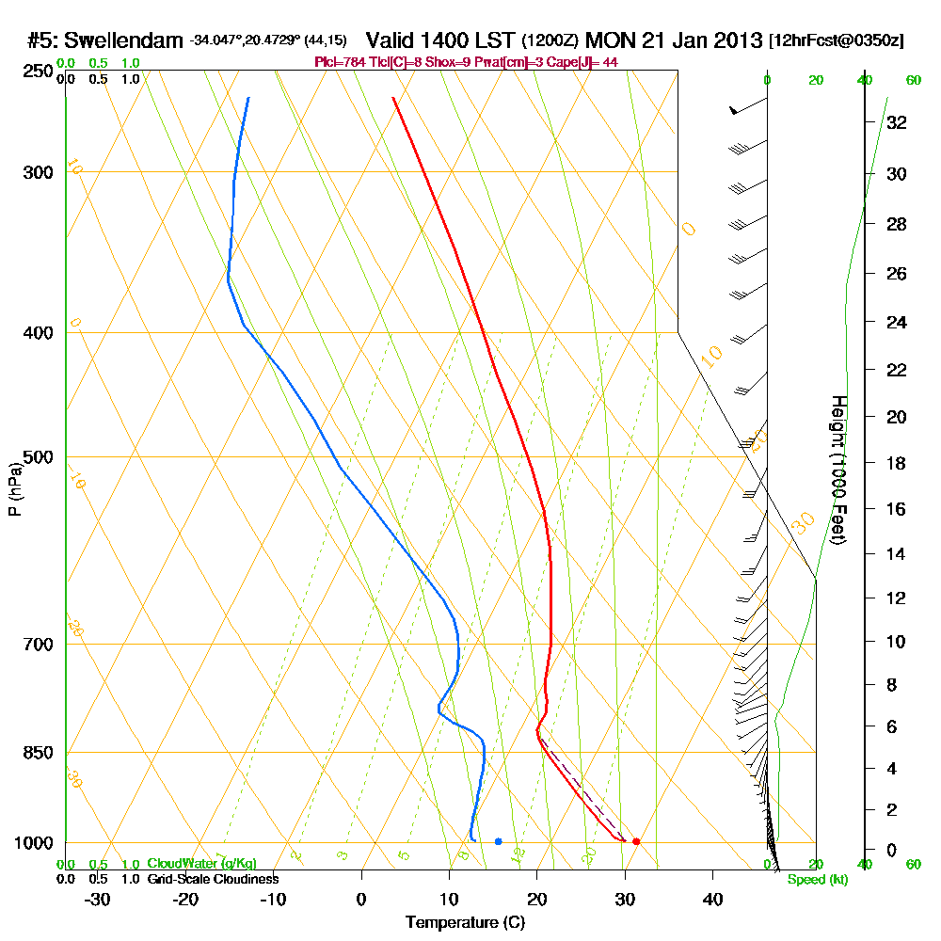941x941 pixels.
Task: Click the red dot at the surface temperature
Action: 636,841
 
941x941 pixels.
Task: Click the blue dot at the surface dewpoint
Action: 498,841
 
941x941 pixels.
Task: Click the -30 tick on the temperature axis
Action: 98,899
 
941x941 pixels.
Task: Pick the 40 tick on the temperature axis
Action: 712,899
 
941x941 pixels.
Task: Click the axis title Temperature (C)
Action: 465,923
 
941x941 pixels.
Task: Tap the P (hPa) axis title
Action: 14,488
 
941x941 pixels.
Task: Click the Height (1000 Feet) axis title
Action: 837,469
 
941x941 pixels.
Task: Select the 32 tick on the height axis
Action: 897,122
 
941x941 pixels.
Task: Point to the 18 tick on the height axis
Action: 897,463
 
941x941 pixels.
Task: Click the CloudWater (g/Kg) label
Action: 201,864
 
